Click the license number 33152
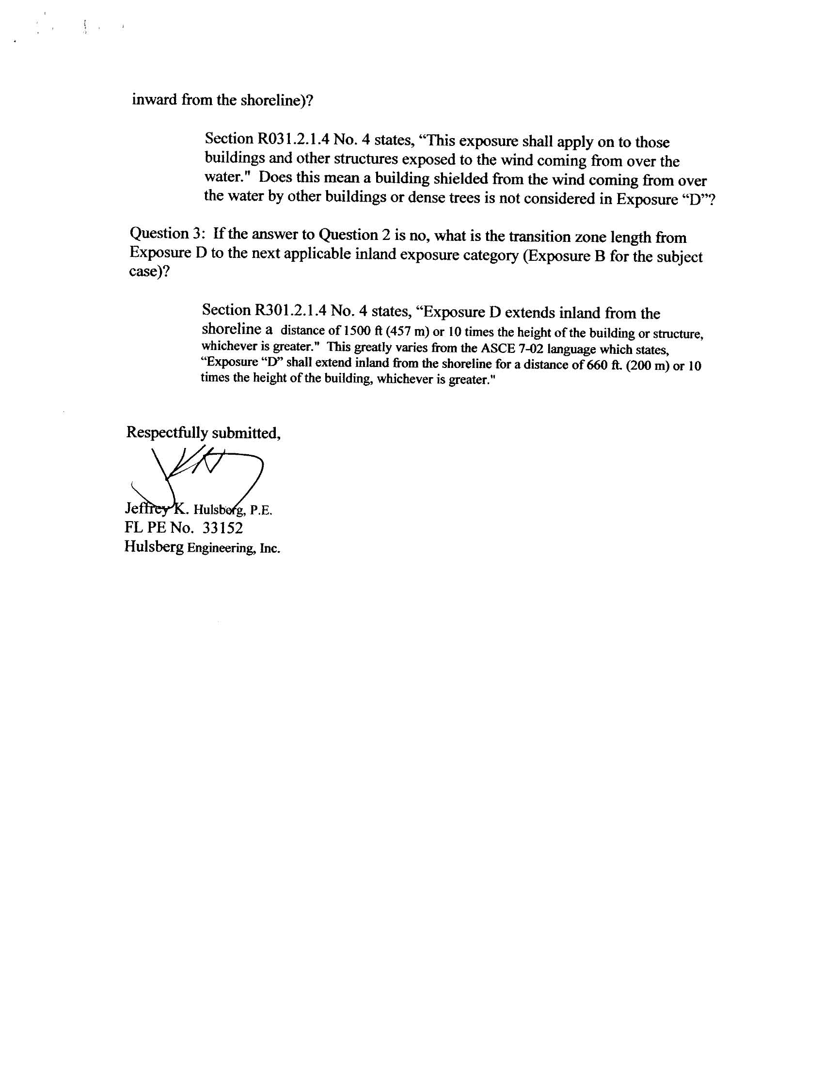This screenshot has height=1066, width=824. click(x=223, y=527)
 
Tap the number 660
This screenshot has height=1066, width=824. click(x=597, y=365)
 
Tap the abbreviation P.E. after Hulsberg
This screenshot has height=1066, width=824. click(x=261, y=510)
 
